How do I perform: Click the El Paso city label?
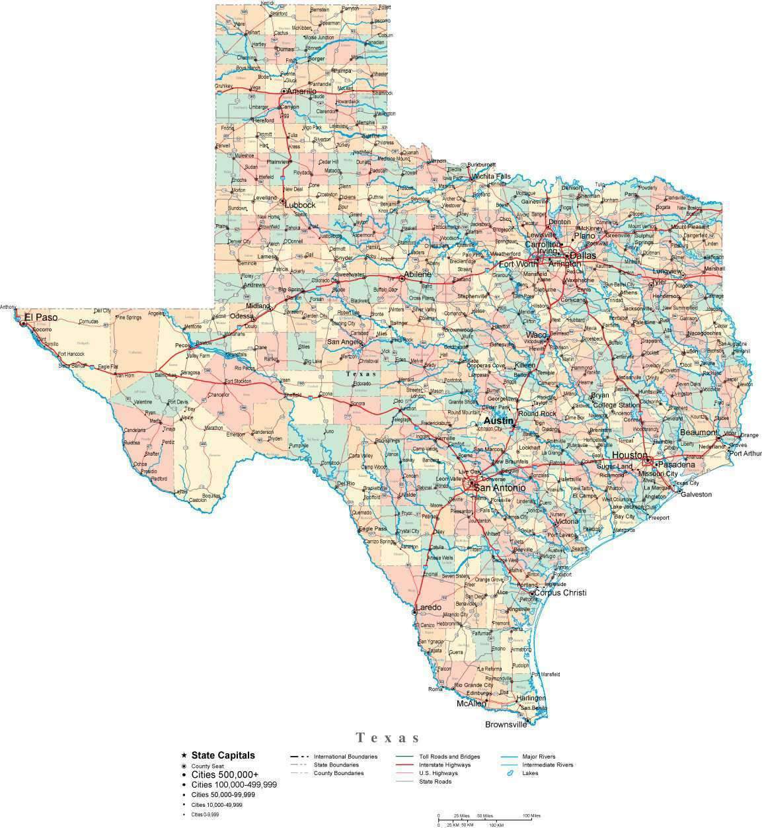pos(40,318)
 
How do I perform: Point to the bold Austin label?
pos(498,421)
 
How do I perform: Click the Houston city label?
pos(629,456)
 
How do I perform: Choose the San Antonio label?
pos(500,488)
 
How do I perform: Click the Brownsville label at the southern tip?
pos(506,724)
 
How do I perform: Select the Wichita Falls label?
pos(490,177)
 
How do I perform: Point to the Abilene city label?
pos(418,274)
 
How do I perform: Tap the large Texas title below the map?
pos(388,737)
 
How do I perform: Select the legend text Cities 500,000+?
pos(225,774)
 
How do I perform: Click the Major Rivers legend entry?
pos(539,757)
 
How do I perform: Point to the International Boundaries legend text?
pos(346,757)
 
